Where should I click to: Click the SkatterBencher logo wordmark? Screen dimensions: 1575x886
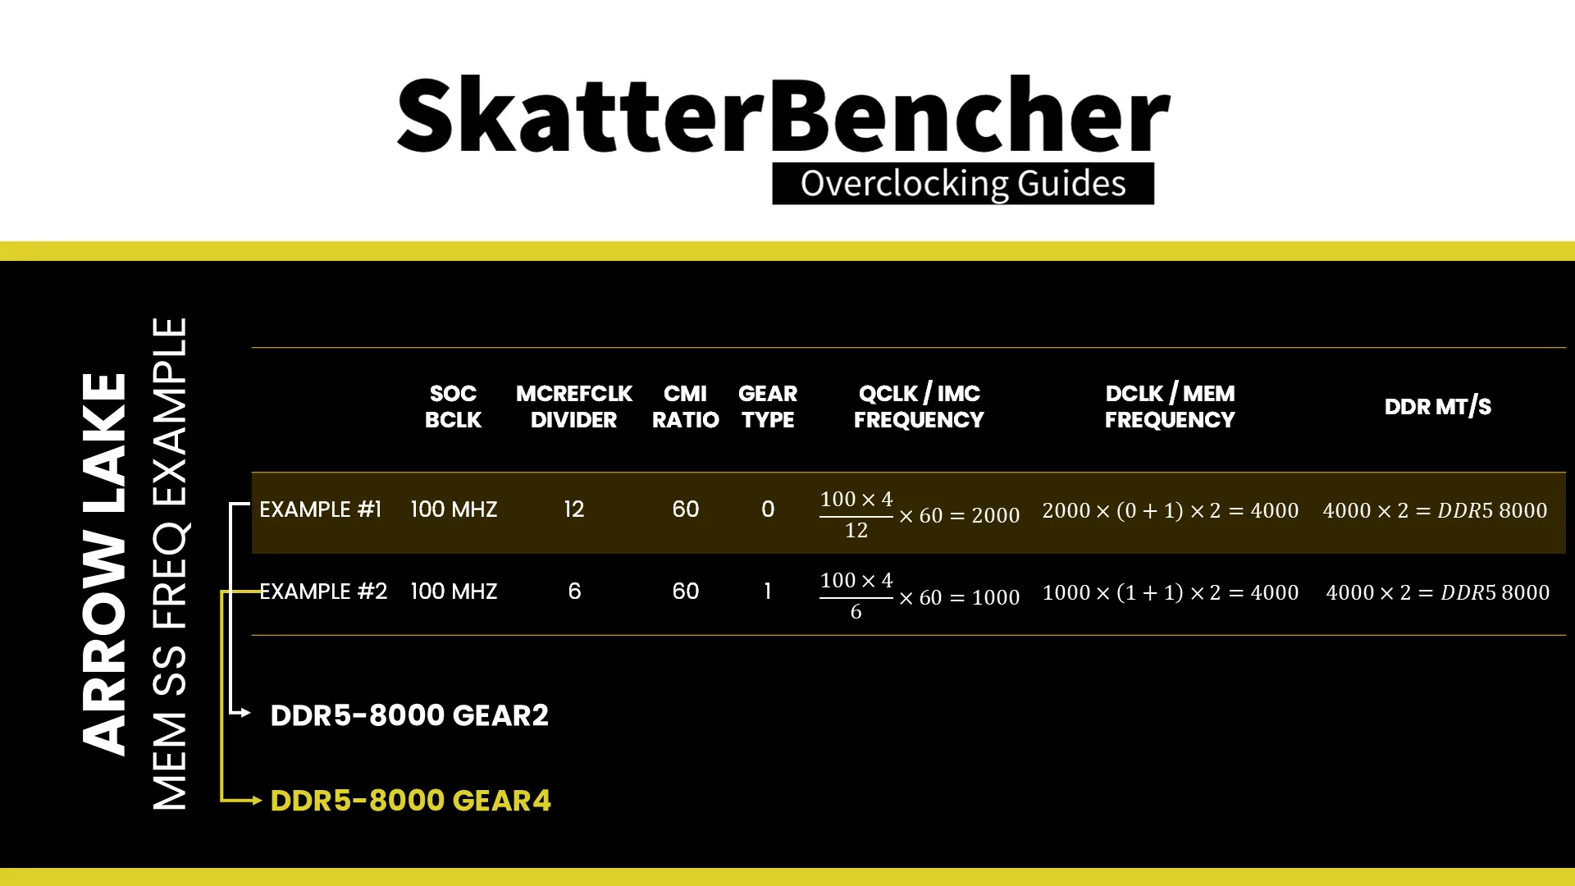point(783,115)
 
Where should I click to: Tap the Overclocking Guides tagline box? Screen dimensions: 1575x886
point(963,184)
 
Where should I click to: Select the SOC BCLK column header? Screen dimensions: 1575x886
point(453,407)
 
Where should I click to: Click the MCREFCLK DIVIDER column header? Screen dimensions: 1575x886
point(573,407)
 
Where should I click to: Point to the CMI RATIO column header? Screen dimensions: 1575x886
point(685,407)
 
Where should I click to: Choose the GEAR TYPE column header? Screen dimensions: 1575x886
point(768,407)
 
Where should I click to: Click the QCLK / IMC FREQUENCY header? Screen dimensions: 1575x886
point(919,407)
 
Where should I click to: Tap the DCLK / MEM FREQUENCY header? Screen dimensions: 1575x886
point(1170,407)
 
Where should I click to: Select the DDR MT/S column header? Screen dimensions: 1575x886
point(1438,407)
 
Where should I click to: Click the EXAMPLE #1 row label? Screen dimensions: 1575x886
point(321,509)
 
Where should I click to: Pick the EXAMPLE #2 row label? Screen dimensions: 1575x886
point(323,591)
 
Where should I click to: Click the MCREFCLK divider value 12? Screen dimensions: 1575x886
point(574,509)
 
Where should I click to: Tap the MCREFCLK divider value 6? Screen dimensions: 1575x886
point(574,591)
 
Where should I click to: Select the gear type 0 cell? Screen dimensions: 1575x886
point(768,509)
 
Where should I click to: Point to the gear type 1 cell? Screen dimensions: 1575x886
point(768,591)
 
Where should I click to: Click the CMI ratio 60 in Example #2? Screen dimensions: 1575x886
point(686,591)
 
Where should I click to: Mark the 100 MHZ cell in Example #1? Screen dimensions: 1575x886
point(454,509)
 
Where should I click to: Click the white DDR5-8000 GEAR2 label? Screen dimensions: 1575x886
point(409,715)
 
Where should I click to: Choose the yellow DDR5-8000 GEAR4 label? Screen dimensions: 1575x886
point(410,801)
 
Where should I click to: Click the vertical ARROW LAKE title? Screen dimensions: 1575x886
point(104,564)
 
